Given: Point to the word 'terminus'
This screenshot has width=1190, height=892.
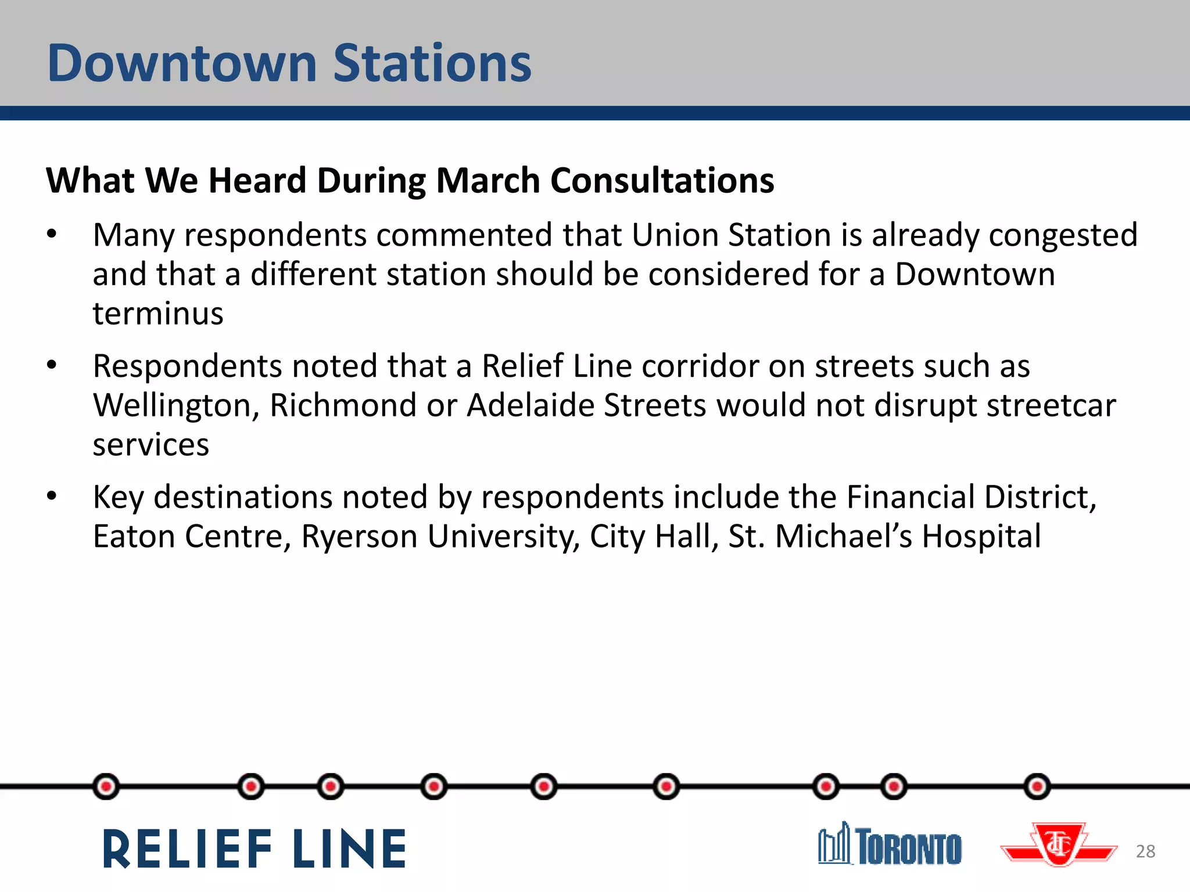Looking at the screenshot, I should (158, 314).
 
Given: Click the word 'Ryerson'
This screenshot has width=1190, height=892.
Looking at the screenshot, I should (359, 536).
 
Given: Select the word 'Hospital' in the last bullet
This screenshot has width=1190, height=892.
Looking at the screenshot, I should (981, 536).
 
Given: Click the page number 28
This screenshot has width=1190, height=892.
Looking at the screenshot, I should (1145, 851).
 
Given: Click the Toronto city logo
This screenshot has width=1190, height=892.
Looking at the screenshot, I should (890, 844).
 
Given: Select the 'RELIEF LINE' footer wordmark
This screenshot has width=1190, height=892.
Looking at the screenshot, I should (255, 849).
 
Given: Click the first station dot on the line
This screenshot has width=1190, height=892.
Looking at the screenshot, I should (106, 787).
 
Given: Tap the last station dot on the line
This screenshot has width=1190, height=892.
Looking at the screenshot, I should (1037, 787).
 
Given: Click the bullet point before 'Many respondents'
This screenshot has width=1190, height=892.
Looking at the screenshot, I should (52, 235).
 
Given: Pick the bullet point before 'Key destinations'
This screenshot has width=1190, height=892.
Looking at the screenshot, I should (52, 497).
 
